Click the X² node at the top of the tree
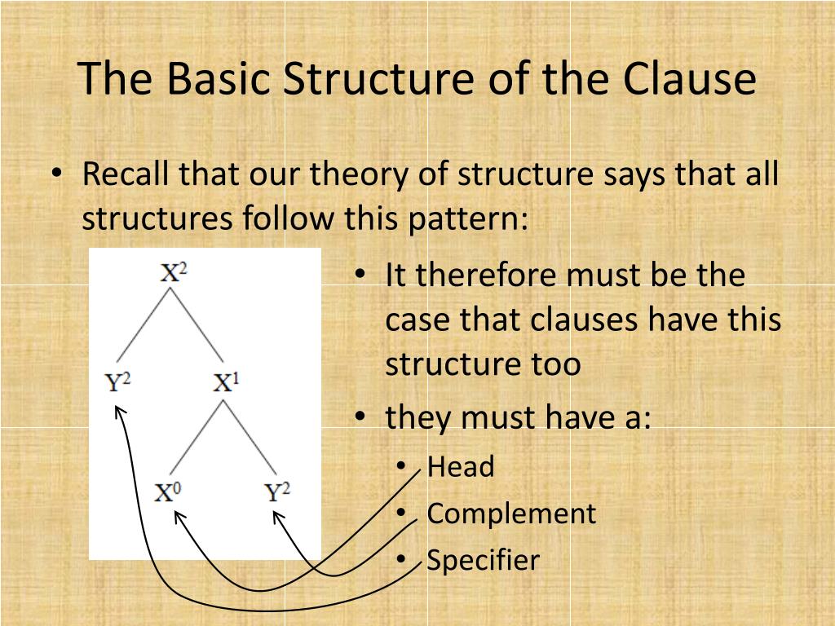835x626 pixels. [x=173, y=271]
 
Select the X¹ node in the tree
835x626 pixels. [x=225, y=381]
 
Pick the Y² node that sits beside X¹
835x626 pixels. [x=119, y=381]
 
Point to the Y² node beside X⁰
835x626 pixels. [x=277, y=492]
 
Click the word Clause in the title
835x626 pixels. [x=690, y=80]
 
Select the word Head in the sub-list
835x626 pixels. [x=461, y=467]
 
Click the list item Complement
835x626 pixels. [x=511, y=514]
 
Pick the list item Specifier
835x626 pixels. [x=483, y=560]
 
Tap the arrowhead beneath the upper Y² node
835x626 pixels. [x=119, y=409]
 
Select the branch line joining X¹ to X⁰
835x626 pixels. [x=196, y=440]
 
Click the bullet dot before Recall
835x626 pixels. [x=55, y=175]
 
